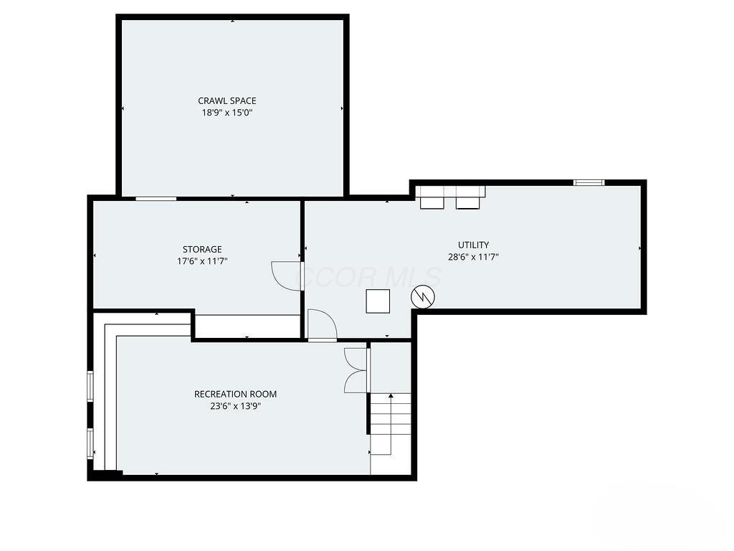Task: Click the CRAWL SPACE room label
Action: (227, 101)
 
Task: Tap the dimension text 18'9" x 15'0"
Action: (227, 113)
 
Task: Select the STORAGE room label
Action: (202, 250)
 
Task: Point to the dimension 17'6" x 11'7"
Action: (202, 262)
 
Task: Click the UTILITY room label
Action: (474, 245)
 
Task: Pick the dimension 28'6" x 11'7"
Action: (474, 256)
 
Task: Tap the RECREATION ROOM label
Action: (235, 394)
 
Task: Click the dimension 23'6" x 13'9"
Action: (235, 405)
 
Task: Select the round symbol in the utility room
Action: (422, 296)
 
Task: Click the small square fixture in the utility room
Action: (378, 301)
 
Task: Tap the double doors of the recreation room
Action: (356, 370)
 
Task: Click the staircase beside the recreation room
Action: (391, 423)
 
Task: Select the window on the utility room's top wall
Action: (588, 183)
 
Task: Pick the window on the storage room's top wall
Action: (156, 198)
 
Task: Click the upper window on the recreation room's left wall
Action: (90, 385)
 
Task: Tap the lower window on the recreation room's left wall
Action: (90, 443)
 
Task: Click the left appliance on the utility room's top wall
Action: (432, 198)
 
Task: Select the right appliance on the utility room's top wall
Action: (467, 198)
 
